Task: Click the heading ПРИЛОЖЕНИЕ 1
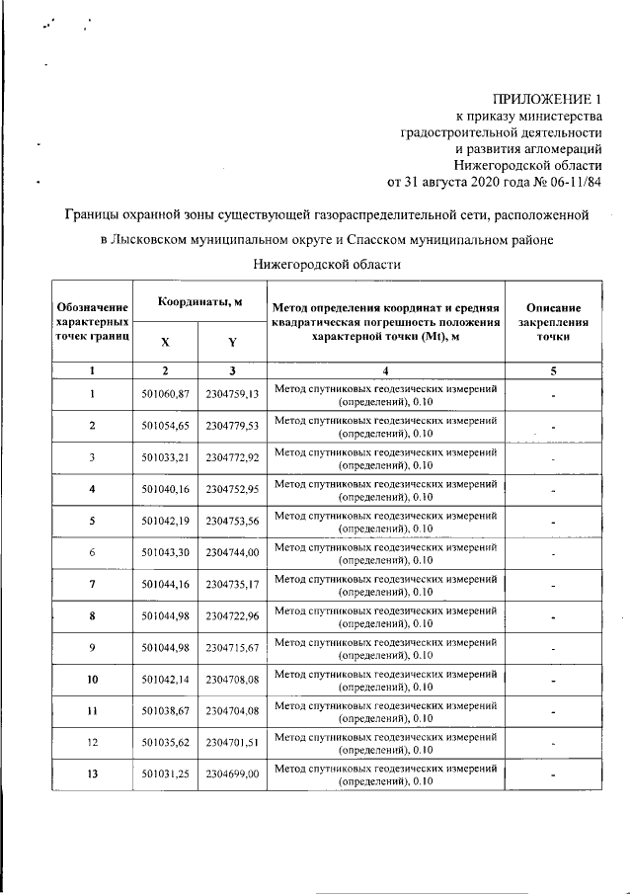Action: pyautogui.click(x=549, y=100)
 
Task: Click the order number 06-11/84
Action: pyautogui.click(x=574, y=183)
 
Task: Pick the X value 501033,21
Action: pyautogui.click(x=165, y=458)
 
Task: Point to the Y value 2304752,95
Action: pyautogui.click(x=232, y=490)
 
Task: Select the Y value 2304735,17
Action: pyautogui.click(x=232, y=585)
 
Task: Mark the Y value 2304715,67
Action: pyautogui.click(x=232, y=648)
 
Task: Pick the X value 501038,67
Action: pyautogui.click(x=165, y=711)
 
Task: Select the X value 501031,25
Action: pyautogui.click(x=165, y=774)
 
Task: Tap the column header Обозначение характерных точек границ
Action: pyautogui.click(x=92, y=322)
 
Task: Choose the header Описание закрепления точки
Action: pyautogui.click(x=553, y=322)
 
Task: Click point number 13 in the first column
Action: pyautogui.click(x=92, y=774)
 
